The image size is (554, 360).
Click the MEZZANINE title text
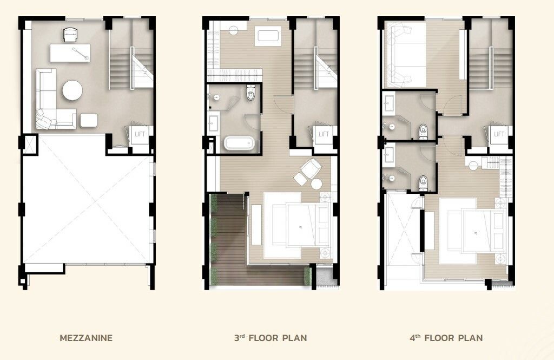click(86, 338)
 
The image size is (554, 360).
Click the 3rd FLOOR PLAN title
click(271, 338)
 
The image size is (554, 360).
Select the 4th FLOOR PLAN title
click(446, 338)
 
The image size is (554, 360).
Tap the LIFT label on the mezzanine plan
click(140, 134)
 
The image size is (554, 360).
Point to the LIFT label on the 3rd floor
click(324, 134)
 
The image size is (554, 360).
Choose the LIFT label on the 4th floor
click(499, 134)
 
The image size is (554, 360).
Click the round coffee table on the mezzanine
click(72, 90)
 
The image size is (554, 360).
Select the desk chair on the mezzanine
click(70, 35)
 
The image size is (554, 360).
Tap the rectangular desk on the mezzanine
click(70, 53)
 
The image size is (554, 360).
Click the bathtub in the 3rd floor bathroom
click(239, 143)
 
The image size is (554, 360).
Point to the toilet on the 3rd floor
click(250, 92)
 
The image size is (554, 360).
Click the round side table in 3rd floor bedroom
click(316, 184)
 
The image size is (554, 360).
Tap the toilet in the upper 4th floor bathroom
click(423, 132)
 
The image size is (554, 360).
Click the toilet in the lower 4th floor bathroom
click(423, 183)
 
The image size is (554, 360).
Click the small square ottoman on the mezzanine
click(88, 120)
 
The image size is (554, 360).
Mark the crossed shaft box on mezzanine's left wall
click(29, 145)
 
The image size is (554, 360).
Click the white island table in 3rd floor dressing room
click(268, 36)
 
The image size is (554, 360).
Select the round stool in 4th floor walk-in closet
click(473, 165)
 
